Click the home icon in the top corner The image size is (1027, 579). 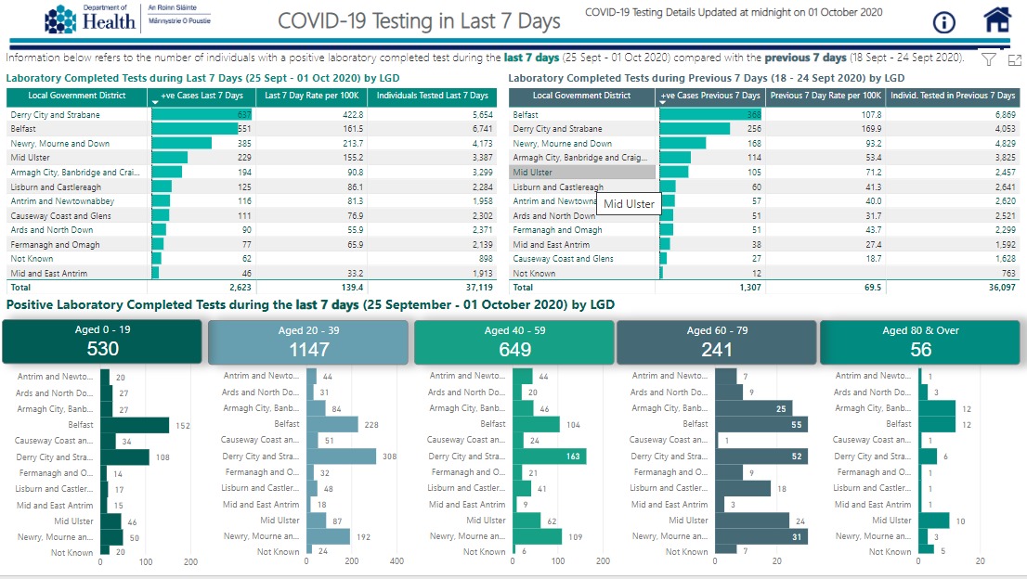(996, 19)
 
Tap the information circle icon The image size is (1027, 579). (944, 21)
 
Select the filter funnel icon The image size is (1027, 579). (989, 59)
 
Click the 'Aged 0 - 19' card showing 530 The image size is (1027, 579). (102, 341)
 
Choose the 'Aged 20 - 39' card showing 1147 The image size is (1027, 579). (308, 341)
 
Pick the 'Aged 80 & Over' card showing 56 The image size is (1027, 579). (920, 341)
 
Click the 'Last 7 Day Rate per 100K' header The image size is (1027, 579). (311, 96)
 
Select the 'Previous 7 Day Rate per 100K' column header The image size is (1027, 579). (825, 96)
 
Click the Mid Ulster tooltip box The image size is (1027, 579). (629, 204)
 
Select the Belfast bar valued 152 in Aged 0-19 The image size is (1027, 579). (135, 424)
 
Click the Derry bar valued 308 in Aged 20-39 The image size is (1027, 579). (342, 457)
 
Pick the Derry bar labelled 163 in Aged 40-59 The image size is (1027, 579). (549, 457)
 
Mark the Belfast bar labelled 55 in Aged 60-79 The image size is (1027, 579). (760, 424)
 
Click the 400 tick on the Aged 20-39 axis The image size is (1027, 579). (396, 562)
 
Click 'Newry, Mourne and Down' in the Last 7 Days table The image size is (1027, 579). (60, 144)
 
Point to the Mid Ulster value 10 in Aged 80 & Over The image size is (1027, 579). (960, 521)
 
